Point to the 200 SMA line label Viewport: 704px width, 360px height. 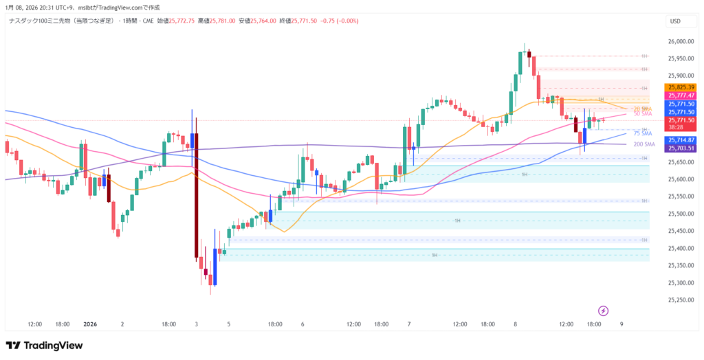pos(643,144)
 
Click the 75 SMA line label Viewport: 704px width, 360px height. pos(642,133)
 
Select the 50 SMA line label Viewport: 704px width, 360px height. pos(642,114)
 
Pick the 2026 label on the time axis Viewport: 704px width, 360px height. pos(91,324)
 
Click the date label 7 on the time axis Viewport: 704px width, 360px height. pos(409,324)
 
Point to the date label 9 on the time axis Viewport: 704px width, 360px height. pos(621,324)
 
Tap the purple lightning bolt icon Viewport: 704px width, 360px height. pos(604,311)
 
